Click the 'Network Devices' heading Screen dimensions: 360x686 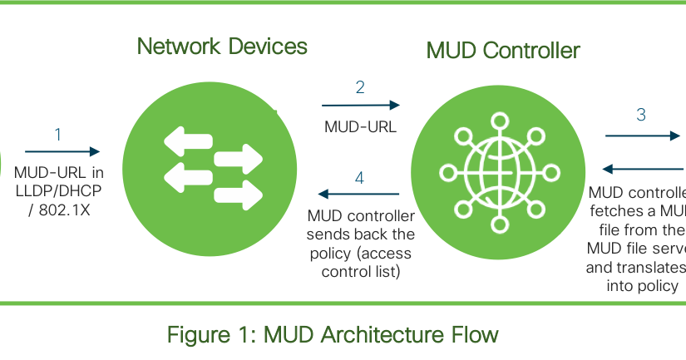pyautogui.click(x=222, y=47)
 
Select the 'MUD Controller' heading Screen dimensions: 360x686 pyautogui.click(x=502, y=51)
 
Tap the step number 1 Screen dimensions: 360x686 pyautogui.click(x=58, y=134)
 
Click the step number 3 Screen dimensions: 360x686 pyautogui.click(x=641, y=116)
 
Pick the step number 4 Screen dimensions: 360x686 pyautogui.click(x=359, y=177)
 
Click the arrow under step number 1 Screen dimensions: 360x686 pyautogui.click(x=62, y=151)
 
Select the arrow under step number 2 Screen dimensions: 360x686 pyautogui.click(x=361, y=106)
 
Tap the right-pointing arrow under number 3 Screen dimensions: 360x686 pyautogui.click(x=642, y=135)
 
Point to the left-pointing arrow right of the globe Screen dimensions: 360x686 pyautogui.click(x=640, y=167)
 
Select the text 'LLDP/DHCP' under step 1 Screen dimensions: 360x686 pyautogui.click(x=58, y=192)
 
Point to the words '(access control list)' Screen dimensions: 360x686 pyautogui.click(x=360, y=262)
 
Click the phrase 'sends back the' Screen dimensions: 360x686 pyautogui.click(x=360, y=234)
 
